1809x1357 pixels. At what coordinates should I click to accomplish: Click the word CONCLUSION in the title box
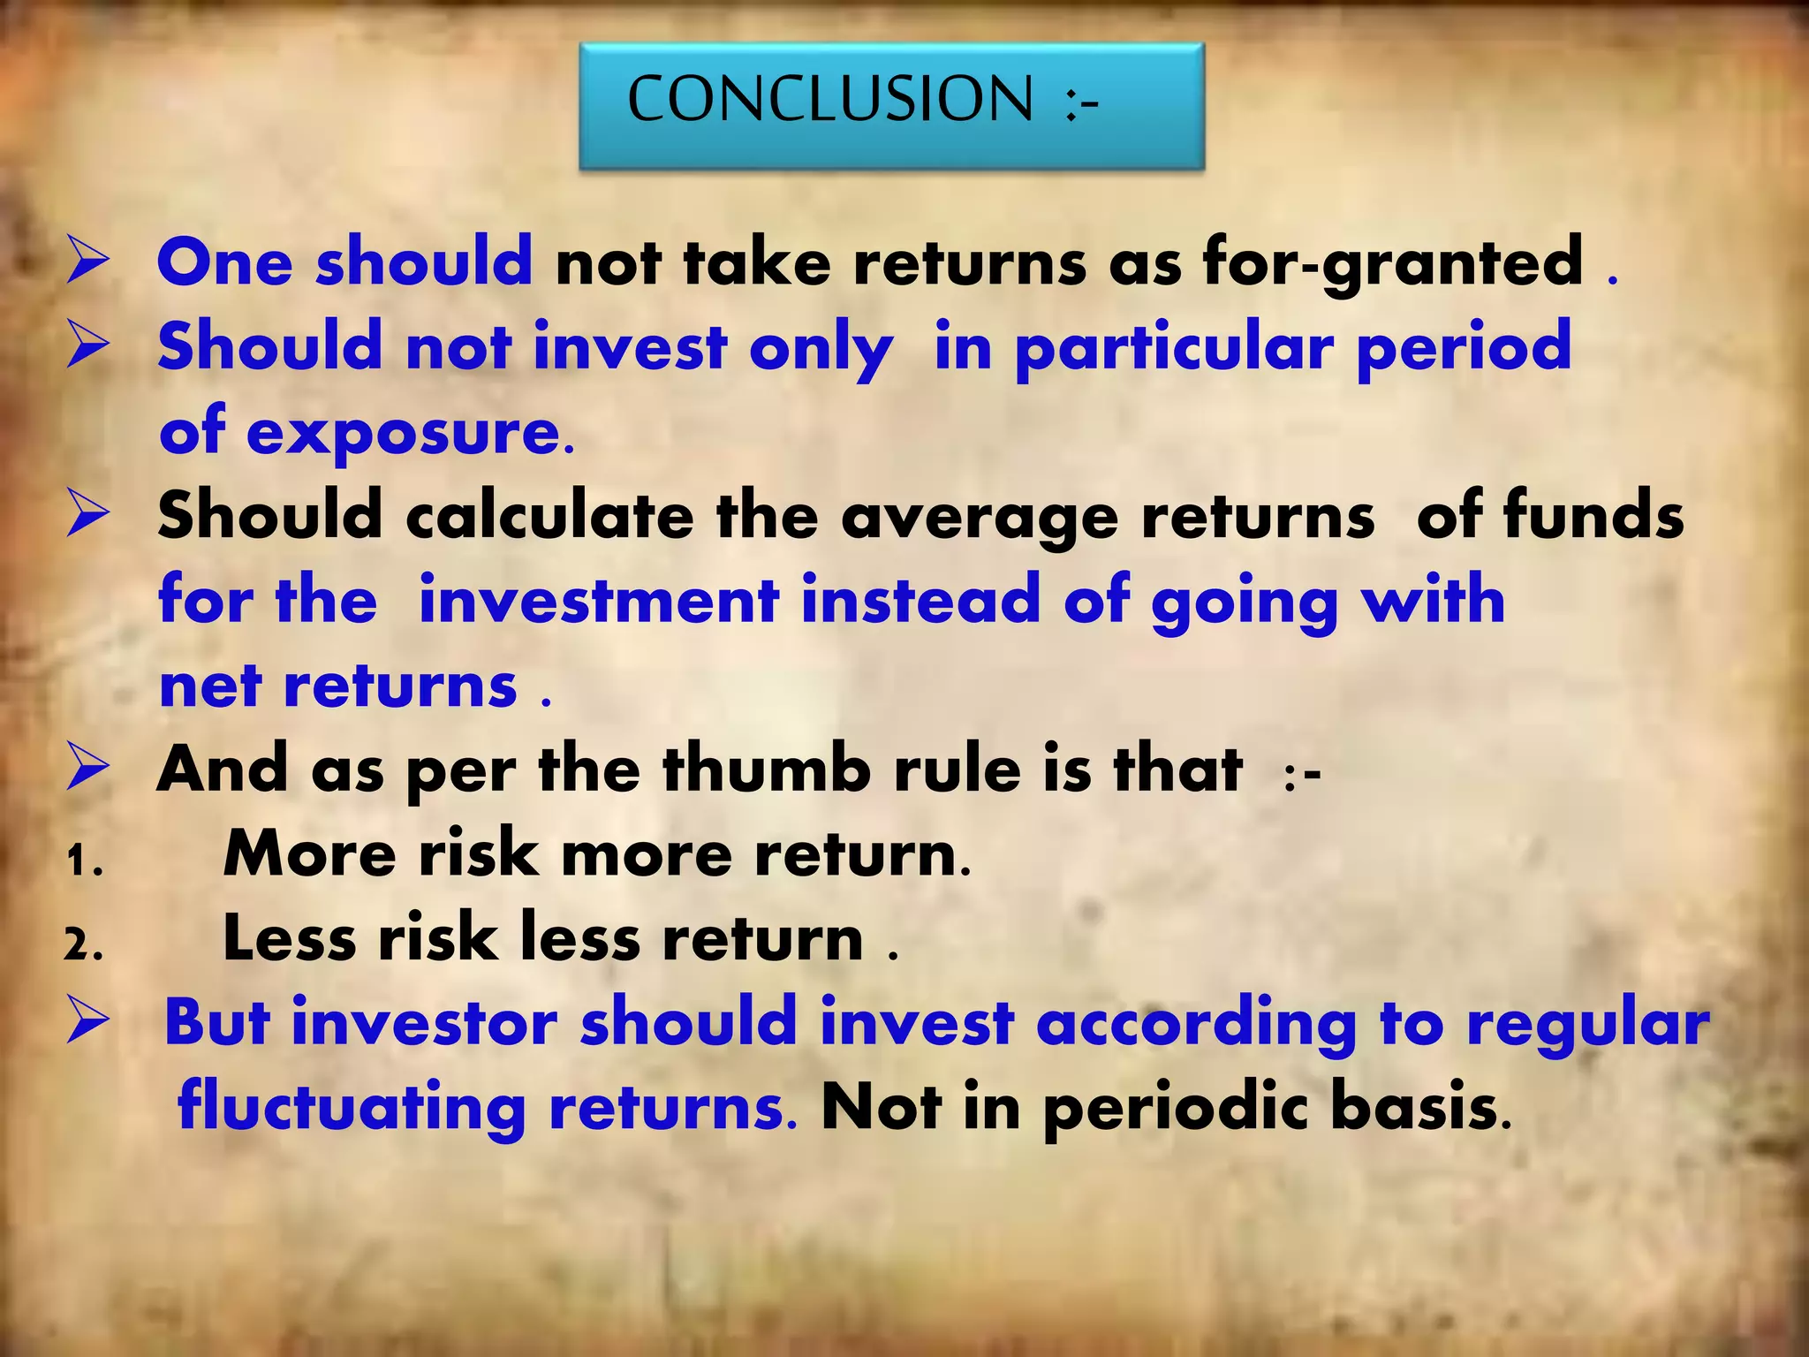(829, 98)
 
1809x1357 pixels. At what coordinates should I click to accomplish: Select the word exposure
(410, 433)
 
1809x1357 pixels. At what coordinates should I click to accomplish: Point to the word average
(980, 518)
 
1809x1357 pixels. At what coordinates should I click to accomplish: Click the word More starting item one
(310, 854)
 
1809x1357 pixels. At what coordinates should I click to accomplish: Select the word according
(1196, 1024)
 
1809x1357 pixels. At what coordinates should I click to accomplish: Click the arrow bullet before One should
(88, 263)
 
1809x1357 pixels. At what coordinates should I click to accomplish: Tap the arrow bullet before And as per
(88, 769)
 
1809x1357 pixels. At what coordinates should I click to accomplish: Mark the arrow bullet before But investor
(88, 1023)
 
